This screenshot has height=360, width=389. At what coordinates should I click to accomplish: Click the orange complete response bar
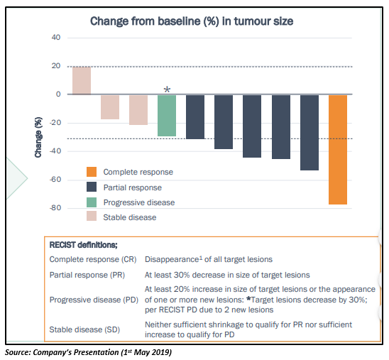338,150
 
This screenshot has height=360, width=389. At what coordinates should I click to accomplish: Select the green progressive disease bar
167,116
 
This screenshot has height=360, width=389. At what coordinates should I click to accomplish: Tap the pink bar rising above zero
82,81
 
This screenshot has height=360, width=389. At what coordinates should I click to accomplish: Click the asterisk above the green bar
168,89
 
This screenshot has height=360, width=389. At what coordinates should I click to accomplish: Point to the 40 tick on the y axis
56,38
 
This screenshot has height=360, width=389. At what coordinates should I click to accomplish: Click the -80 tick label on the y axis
55,207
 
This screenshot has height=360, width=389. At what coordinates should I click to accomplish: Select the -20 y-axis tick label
55,123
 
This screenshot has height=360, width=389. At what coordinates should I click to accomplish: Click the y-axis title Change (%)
38,137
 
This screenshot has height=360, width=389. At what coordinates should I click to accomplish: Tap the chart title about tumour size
192,21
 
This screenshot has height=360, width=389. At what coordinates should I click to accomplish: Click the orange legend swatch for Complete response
92,172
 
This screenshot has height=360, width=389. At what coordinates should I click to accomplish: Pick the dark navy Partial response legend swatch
92,187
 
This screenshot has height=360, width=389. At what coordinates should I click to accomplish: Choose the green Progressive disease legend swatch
92,202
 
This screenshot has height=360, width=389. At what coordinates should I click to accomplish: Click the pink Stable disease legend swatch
92,216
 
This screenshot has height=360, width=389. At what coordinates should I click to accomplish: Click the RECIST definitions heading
83,245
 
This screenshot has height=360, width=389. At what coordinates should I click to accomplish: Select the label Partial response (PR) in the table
87,276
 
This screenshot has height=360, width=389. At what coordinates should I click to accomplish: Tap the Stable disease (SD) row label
84,329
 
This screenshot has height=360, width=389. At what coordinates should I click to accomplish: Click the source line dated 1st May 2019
88,352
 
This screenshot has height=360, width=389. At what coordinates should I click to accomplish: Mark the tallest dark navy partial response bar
309,133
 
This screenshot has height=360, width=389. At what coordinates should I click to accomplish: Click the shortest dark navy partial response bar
195,117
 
